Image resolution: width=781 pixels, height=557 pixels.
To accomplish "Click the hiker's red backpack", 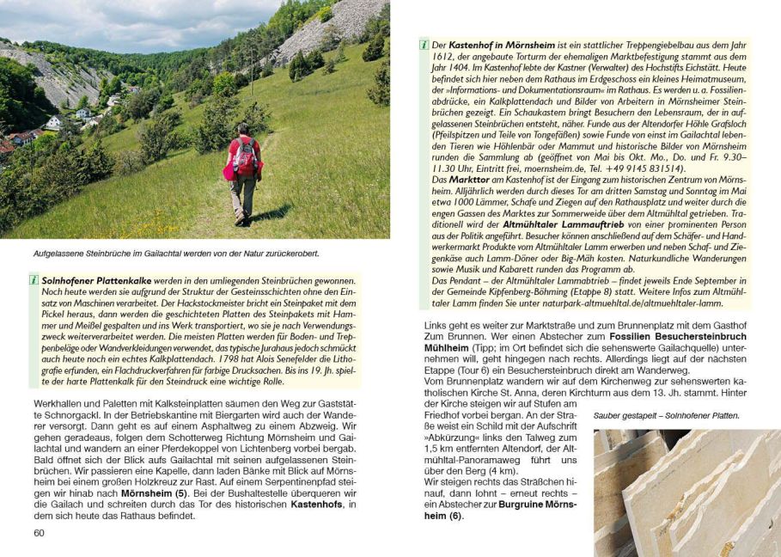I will (x=244, y=158).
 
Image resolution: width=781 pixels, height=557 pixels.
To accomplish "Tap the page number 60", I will (x=40, y=533).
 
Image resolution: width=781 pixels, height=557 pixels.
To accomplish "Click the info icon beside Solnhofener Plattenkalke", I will (x=34, y=281).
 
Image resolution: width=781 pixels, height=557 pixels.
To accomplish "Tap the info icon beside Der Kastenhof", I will (x=423, y=44).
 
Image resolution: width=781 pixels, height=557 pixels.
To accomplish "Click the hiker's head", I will (x=245, y=128).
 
